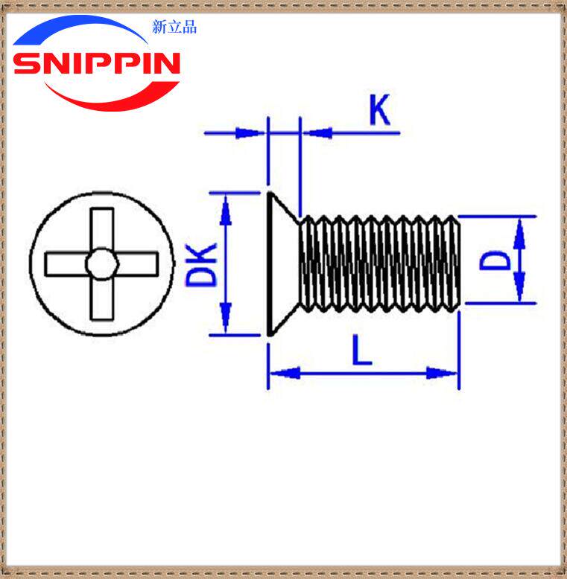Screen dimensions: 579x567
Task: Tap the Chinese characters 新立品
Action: coord(174,28)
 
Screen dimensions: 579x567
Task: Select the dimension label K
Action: coord(379,112)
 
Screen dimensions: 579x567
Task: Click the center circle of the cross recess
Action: coord(101,263)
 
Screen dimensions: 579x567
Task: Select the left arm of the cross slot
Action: coord(66,263)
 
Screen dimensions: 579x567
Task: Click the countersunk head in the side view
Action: coord(282,264)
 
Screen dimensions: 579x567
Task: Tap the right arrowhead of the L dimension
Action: coord(443,372)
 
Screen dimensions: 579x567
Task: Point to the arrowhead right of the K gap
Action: coord(317,133)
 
